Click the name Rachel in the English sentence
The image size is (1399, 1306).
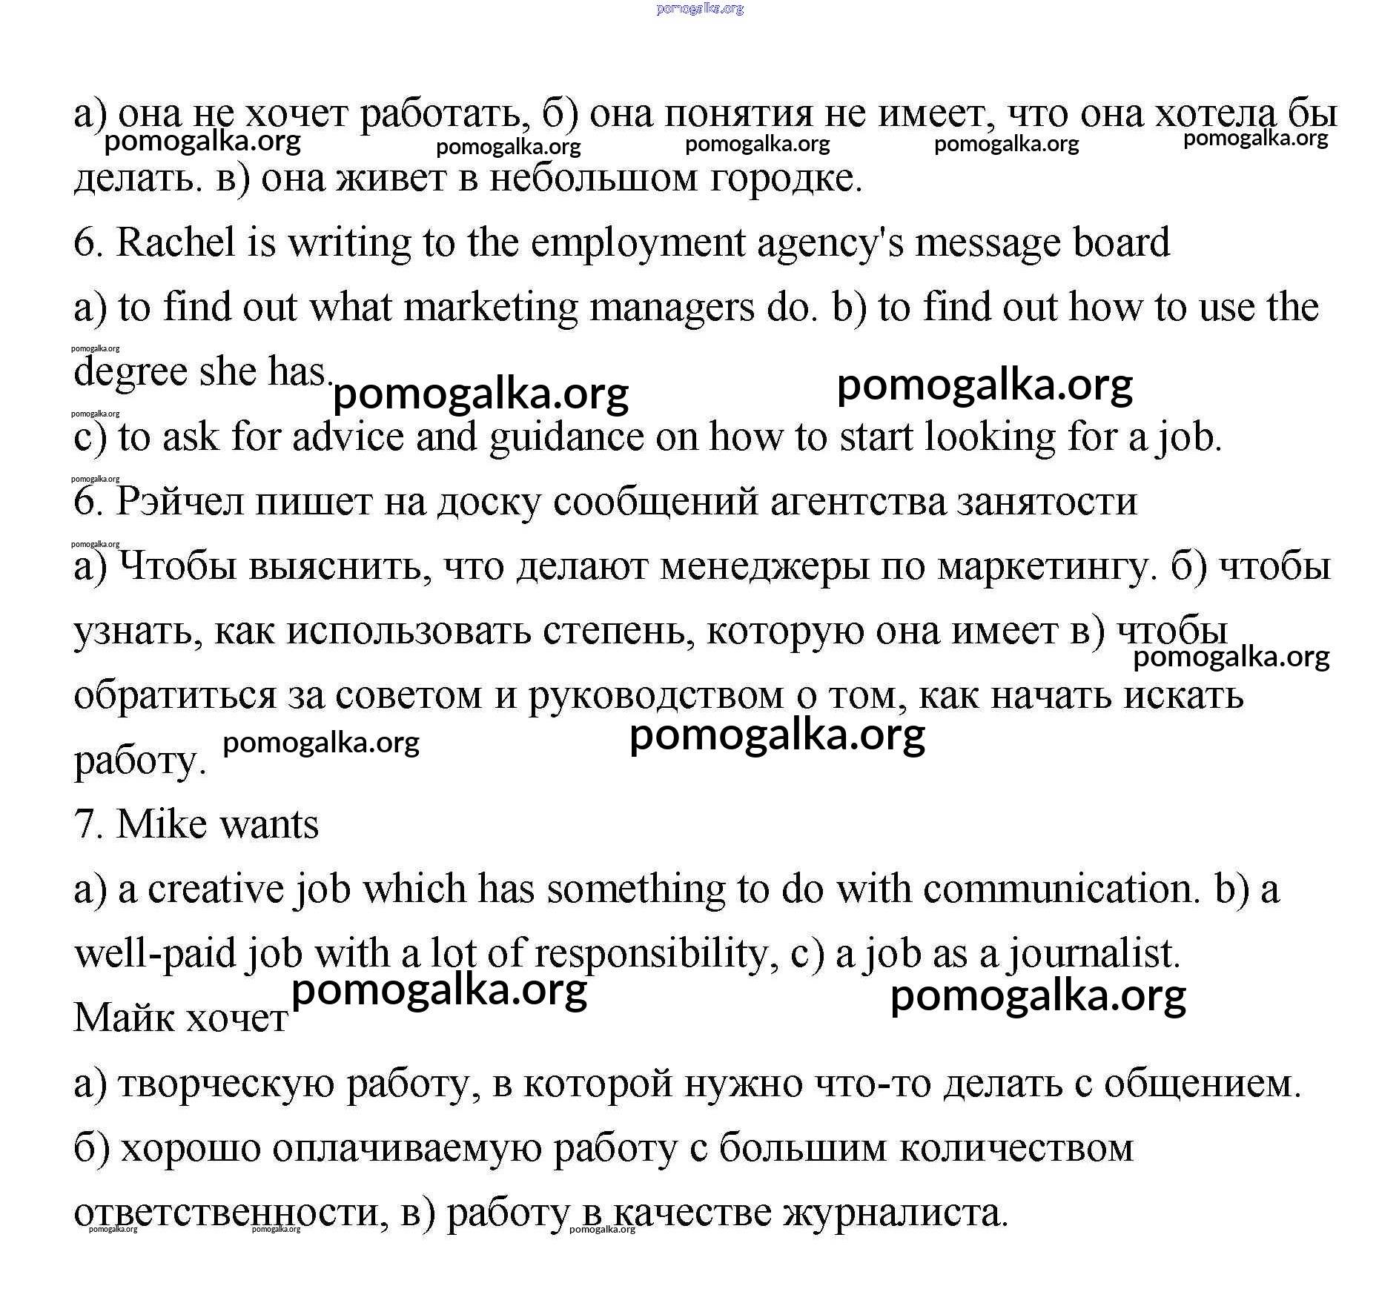(175, 243)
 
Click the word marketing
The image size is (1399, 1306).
(490, 308)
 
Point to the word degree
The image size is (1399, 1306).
(130, 373)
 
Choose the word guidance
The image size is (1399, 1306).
(566, 438)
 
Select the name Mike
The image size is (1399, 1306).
(160, 824)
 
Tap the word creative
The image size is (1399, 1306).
(215, 889)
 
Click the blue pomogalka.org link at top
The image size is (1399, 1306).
(699, 9)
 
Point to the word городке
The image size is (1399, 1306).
(786, 179)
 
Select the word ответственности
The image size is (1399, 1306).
(231, 1213)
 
